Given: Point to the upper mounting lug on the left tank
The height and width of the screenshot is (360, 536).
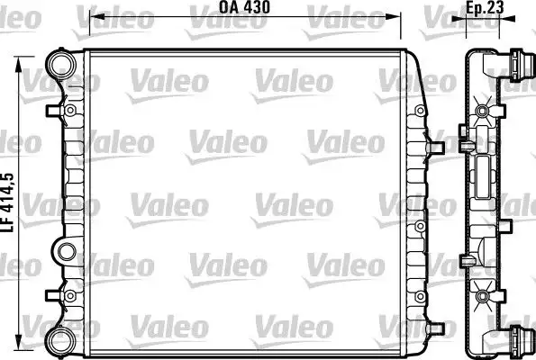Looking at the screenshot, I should [x=68, y=110].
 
